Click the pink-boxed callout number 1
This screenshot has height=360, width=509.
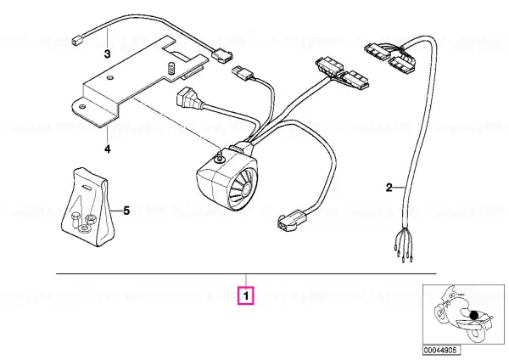point(246,295)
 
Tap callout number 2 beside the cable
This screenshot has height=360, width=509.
point(389,188)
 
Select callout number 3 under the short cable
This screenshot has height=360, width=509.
point(107,53)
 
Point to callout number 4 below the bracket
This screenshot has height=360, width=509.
point(108,149)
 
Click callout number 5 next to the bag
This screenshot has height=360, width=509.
point(126,211)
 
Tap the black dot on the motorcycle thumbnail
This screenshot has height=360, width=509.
point(474,315)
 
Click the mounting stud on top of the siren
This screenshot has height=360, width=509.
point(220,155)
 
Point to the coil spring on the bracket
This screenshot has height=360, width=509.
point(171,68)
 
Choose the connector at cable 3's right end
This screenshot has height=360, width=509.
point(222,57)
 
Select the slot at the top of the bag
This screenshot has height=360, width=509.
point(87,188)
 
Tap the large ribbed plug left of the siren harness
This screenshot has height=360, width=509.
point(187,98)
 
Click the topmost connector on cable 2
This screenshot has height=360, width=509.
point(378,52)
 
